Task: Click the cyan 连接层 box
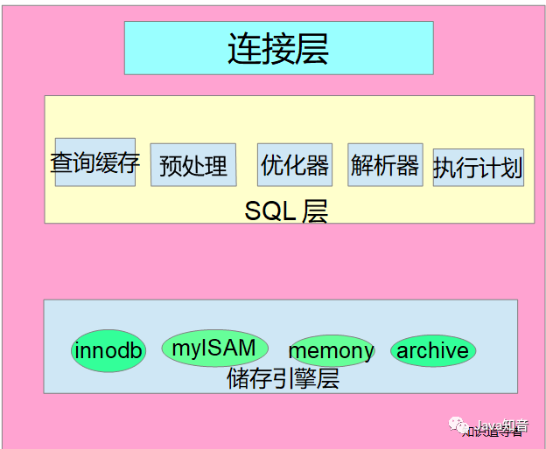(278, 48)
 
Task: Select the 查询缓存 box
(94, 162)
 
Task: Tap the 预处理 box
(193, 165)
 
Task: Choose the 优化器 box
(295, 164)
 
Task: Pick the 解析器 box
(385, 164)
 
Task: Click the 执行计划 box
(478, 167)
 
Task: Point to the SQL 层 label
(286, 211)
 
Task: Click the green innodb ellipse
(108, 351)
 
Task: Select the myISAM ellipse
(213, 349)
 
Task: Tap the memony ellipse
(331, 352)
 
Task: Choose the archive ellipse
(432, 351)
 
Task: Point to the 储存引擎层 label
(282, 379)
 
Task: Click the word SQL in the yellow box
(270, 211)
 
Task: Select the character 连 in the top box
(245, 49)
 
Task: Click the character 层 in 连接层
(311, 49)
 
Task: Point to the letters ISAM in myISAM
(227, 348)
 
